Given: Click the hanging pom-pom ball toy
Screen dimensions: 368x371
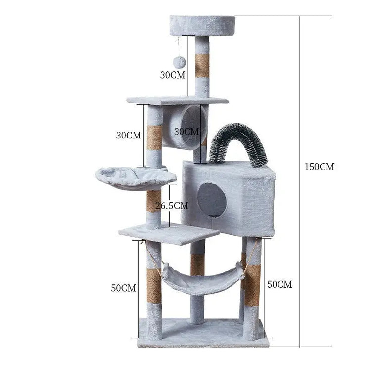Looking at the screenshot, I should tap(179, 62).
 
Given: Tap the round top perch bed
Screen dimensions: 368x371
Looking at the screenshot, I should tap(202, 25).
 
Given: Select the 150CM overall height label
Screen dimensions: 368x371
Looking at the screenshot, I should tap(319, 167).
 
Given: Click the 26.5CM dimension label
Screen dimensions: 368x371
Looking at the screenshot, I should tap(172, 205).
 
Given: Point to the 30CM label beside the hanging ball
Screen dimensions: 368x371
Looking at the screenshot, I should tap(173, 75).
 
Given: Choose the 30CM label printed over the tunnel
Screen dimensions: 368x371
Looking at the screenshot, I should tap(187, 132).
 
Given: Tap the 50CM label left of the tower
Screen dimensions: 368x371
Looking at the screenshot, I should tap(123, 288).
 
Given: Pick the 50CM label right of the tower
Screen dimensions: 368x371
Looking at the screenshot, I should tap(279, 284).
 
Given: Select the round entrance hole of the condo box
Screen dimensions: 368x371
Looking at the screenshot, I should tap(212, 199).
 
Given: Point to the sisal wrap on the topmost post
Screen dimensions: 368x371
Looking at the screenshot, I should tap(202, 65).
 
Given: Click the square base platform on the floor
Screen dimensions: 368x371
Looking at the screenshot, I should tap(204, 332).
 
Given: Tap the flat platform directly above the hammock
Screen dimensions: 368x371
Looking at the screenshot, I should tap(168, 232).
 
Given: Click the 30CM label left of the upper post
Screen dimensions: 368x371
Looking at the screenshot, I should tap(129, 135).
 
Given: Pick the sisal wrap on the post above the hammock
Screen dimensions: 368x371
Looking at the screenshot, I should tap(197, 265).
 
